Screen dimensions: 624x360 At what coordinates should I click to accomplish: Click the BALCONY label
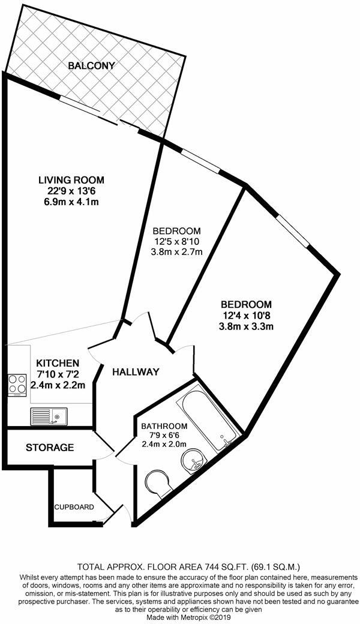click(91, 65)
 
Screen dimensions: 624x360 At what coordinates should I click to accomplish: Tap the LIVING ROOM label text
click(71, 179)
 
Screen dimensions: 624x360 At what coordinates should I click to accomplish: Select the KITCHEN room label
click(58, 363)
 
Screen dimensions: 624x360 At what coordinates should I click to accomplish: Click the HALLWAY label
click(136, 372)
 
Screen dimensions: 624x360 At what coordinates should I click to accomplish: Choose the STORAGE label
click(50, 448)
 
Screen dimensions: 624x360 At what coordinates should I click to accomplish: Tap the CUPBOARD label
click(74, 507)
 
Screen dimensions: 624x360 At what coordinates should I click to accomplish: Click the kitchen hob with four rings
click(16, 385)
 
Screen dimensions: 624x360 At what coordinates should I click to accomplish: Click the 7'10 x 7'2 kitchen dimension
click(58, 374)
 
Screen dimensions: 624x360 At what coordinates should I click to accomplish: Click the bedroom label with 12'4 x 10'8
click(245, 304)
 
